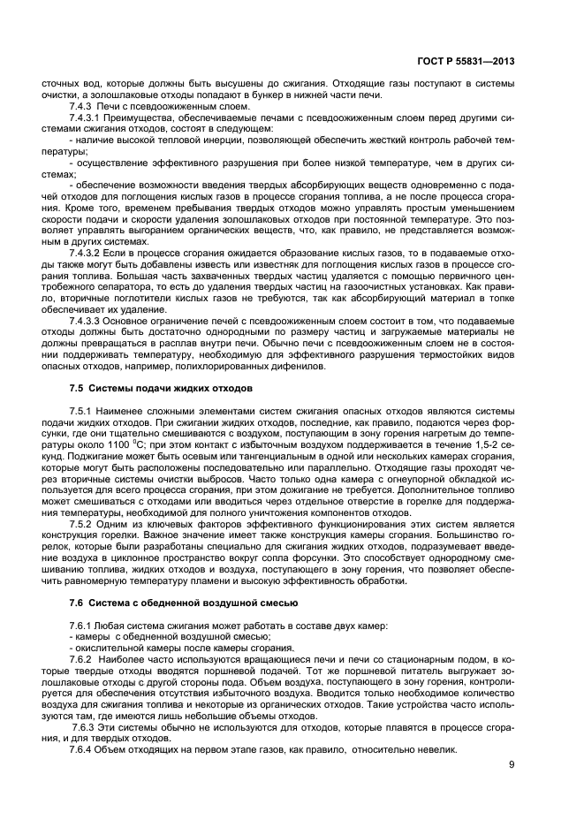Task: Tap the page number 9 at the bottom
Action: tap(512, 764)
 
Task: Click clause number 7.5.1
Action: tap(80, 412)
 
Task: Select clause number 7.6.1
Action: tap(80, 625)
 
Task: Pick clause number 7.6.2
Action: tap(80, 659)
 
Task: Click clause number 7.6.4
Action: tap(80, 749)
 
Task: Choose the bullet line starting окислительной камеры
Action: tap(146, 648)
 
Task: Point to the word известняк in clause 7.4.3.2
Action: tap(269, 264)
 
